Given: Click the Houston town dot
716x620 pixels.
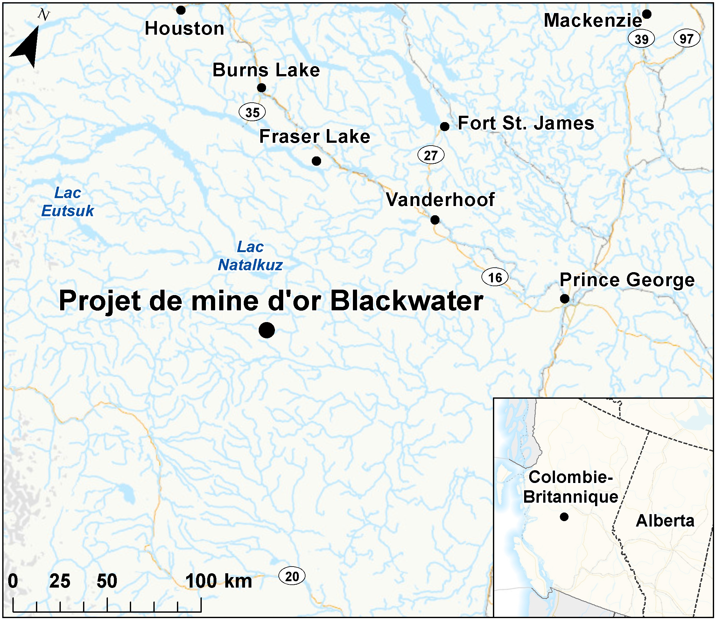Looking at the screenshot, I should point(181,10).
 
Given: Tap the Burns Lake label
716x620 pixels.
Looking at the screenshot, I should point(266,70).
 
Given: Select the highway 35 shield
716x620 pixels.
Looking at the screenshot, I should point(252,113).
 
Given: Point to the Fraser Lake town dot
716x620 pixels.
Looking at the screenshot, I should point(316,161).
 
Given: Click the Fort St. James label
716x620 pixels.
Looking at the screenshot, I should point(526,123).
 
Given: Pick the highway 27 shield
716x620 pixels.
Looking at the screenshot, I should point(431,155).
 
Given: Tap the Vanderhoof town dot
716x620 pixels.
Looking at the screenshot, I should point(435,220).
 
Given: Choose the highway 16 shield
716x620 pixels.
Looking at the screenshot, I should point(495,277).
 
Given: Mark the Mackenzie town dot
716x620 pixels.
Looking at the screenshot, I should point(646,14).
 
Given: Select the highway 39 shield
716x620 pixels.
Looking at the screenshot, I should point(641,39).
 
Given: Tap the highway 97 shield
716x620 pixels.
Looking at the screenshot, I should point(687,38).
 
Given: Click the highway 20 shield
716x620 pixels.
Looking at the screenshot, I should point(292,576).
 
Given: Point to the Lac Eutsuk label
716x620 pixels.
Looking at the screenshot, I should point(67,202).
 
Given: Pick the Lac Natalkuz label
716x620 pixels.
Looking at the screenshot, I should point(250,256).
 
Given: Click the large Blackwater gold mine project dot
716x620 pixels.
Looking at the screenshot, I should point(267,330).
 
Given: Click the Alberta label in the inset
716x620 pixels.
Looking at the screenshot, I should point(665,521).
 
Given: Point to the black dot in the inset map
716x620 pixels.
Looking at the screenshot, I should point(564,517).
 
